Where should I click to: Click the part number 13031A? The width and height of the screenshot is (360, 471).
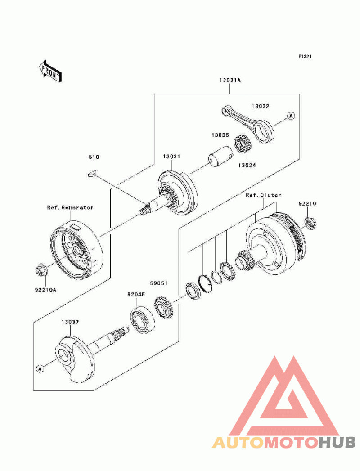(x=230, y=80)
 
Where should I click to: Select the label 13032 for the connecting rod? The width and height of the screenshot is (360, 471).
(x=261, y=106)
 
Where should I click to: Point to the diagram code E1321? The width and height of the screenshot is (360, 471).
(x=305, y=56)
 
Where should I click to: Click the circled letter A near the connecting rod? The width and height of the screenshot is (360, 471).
(x=291, y=116)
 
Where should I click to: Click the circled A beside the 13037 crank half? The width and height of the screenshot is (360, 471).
(x=40, y=368)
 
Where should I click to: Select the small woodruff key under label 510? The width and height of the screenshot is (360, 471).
(x=92, y=173)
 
